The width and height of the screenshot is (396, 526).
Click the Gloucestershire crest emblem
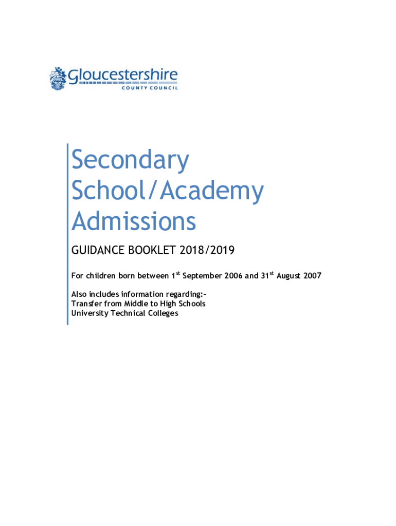click(58, 79)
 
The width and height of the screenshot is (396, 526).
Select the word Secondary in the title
click(130, 161)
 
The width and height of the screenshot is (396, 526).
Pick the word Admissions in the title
click(134, 222)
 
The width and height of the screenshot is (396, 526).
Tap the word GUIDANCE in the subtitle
click(96, 251)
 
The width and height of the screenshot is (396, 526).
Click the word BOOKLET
click(151, 251)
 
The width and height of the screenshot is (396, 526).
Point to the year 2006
click(232, 276)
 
